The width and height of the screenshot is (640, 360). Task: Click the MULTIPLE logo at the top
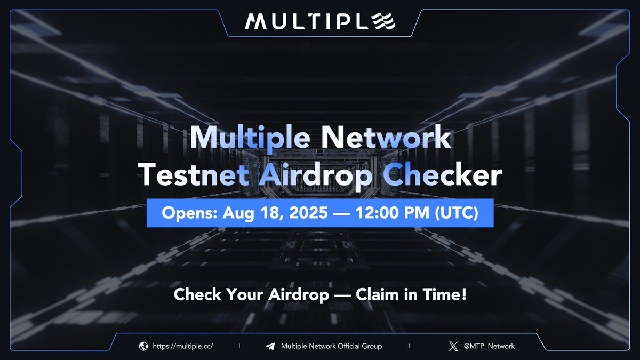point(320,22)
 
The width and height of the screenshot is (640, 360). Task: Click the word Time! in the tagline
point(447,294)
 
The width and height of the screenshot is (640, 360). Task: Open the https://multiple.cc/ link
point(183,346)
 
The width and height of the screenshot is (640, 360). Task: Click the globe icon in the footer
point(143,346)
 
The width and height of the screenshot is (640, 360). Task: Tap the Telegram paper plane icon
point(270,346)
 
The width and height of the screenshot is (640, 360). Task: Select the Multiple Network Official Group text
point(331,346)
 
